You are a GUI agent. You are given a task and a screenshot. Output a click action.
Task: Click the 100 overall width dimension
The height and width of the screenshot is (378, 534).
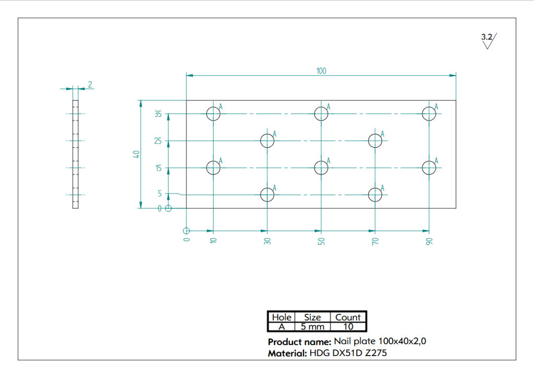click(321, 71)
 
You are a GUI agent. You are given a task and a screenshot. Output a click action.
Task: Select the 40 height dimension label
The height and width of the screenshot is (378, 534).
click(136, 154)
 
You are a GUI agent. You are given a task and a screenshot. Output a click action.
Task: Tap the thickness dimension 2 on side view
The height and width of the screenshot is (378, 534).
click(90, 84)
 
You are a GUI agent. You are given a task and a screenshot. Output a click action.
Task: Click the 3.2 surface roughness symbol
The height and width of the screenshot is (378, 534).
click(489, 41)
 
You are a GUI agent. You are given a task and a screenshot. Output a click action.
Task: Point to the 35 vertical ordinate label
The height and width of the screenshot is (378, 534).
click(157, 114)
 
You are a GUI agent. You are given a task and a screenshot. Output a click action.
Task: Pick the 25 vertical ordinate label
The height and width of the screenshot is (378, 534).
click(157, 141)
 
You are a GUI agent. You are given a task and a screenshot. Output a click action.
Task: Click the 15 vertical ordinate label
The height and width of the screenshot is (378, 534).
click(159, 168)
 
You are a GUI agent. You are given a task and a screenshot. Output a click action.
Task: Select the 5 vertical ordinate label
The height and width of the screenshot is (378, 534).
click(160, 194)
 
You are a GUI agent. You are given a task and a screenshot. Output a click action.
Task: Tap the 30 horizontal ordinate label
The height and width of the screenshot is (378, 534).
click(268, 241)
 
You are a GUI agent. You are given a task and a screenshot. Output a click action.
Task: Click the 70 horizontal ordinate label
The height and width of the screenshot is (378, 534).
click(375, 241)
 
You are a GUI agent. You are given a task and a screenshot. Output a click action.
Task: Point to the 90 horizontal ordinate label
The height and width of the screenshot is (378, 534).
click(429, 241)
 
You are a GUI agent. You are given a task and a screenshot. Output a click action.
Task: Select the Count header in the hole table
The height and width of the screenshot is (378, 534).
click(348, 317)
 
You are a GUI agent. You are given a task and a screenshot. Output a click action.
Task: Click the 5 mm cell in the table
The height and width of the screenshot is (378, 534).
click(312, 326)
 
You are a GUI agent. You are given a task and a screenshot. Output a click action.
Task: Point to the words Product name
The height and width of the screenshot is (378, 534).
click(299, 342)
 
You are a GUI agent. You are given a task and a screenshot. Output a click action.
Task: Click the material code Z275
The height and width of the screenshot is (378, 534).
click(375, 353)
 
